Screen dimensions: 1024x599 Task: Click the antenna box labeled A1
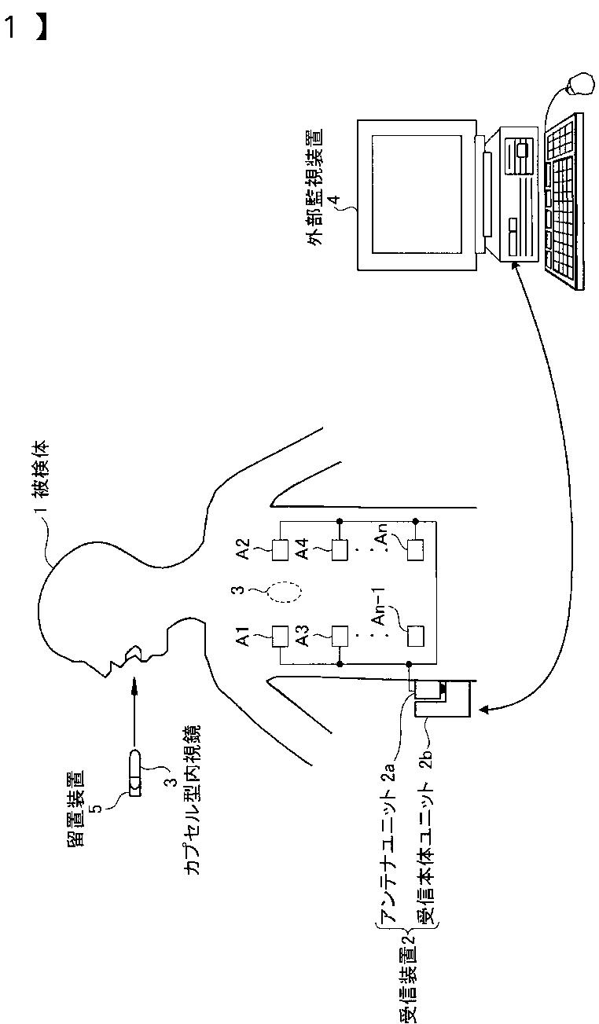281,636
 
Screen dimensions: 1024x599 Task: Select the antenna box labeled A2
281,549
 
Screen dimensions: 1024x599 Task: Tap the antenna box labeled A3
339,636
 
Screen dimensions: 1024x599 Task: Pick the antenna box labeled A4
339,549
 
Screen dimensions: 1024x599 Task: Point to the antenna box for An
415,549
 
